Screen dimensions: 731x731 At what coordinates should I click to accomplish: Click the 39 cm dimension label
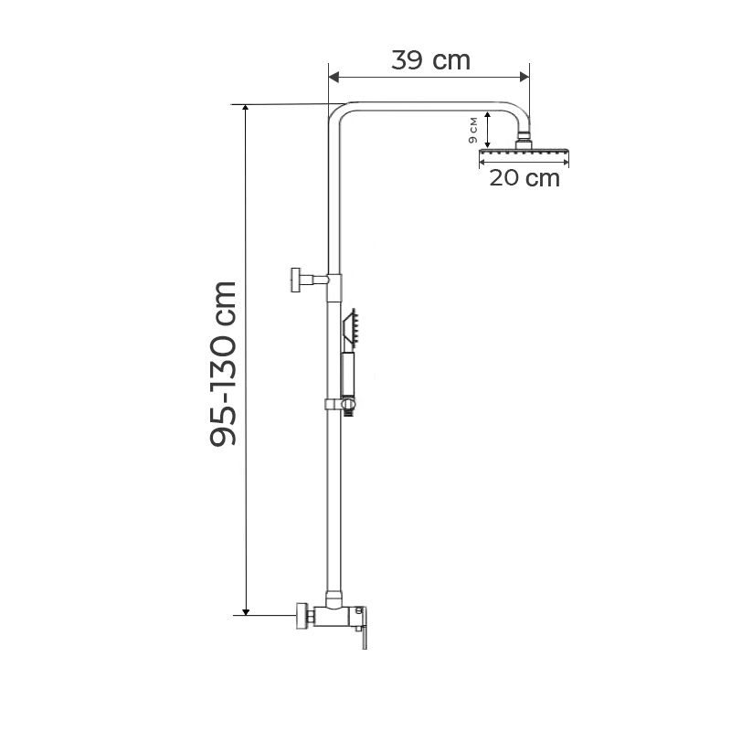pyautogui.click(x=430, y=61)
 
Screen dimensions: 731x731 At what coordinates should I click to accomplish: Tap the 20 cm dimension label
pyautogui.click(x=524, y=178)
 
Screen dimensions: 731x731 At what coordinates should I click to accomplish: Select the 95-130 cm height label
pyautogui.click(x=224, y=364)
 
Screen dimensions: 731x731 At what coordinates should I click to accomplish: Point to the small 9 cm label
pyautogui.click(x=472, y=130)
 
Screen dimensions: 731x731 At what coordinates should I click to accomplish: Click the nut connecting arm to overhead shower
pyautogui.click(x=525, y=140)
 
